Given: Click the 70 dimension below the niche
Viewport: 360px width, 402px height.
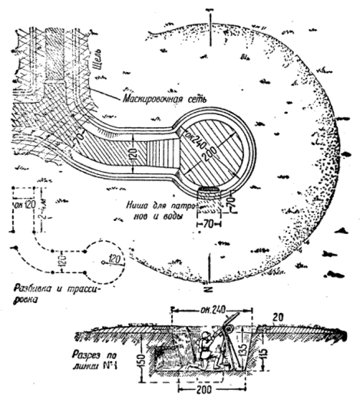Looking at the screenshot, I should point(208,224).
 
